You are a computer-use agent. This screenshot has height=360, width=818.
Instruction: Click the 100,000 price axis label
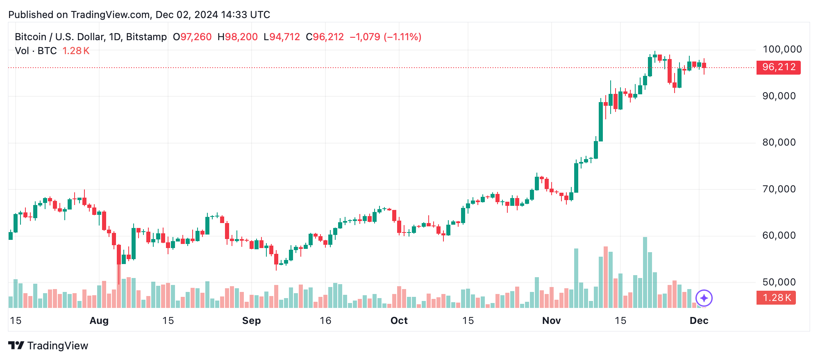coord(782,50)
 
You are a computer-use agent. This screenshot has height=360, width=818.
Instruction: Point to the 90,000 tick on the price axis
coord(779,96)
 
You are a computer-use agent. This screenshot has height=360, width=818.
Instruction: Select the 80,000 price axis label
coord(779,143)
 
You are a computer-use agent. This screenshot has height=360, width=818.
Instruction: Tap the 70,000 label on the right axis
coord(779,189)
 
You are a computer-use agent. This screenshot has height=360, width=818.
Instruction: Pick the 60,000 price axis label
coord(779,236)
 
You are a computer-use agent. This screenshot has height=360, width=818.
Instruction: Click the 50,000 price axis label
coord(779,283)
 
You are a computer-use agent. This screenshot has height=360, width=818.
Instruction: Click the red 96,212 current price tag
coord(778,67)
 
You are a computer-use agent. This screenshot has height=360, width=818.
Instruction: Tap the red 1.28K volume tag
coord(776,298)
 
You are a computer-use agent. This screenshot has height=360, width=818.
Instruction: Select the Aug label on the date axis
coord(99,321)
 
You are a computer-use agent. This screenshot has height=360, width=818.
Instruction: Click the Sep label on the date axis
coord(251,321)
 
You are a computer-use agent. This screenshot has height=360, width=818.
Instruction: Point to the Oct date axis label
coord(399,321)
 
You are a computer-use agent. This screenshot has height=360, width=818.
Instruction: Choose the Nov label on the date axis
coord(551,321)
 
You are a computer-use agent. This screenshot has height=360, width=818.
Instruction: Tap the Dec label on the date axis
coord(699,321)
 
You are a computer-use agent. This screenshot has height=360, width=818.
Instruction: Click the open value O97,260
coord(192,37)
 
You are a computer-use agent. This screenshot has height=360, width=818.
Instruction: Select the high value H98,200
coord(238,37)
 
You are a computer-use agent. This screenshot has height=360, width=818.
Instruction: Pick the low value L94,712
coord(282,37)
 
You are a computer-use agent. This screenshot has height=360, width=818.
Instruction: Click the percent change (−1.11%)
coord(402,37)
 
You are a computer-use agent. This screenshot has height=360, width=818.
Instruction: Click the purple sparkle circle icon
coord(704,298)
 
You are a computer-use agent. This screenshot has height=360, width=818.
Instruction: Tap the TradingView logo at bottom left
coord(48,346)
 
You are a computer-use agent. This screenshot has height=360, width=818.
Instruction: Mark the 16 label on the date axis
coord(325,321)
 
